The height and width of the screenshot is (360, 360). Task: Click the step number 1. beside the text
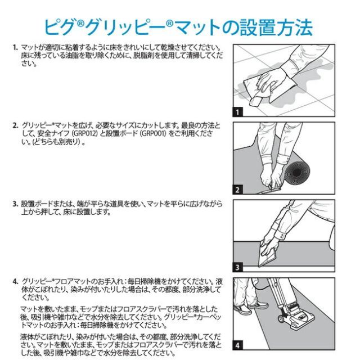15,49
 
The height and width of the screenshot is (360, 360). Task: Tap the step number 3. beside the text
15,203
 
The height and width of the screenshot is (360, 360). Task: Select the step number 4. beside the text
15,280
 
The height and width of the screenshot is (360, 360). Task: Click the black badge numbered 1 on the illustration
238,112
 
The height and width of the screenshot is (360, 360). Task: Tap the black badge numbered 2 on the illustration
238,190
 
